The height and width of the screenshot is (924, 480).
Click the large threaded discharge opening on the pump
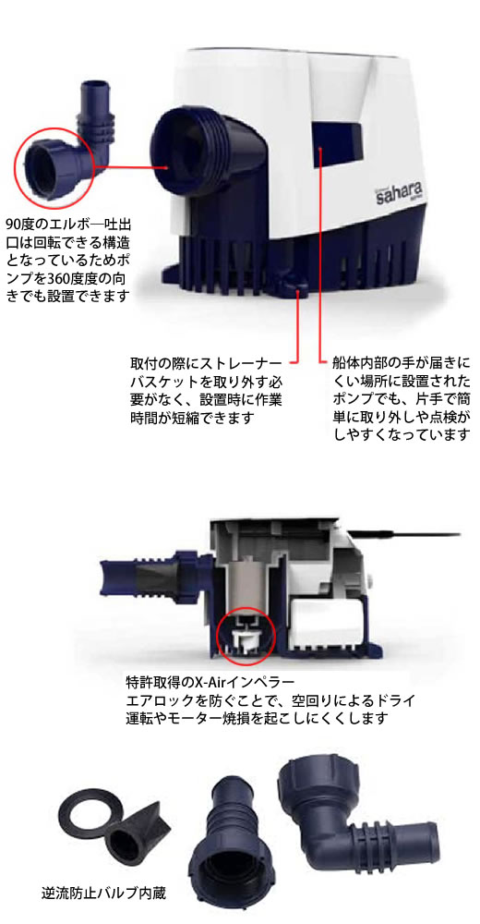tap(183, 149)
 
